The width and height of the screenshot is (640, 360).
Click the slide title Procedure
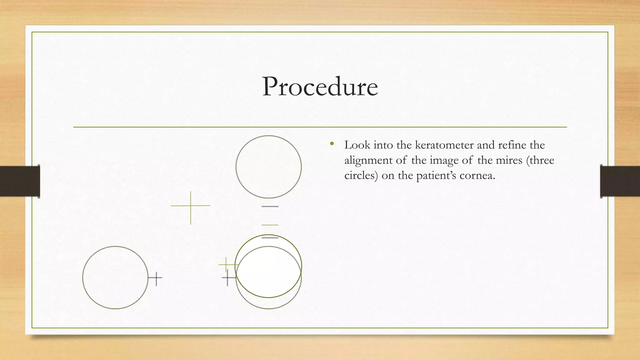tap(320, 87)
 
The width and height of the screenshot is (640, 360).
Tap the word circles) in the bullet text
tap(361, 176)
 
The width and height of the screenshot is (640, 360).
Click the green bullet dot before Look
tap(332, 144)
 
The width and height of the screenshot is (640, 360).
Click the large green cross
tap(191, 206)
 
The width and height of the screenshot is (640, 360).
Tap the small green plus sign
tap(226, 264)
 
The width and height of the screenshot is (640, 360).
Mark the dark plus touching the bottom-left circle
tap(156, 277)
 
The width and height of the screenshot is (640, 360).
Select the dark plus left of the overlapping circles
tap(228, 277)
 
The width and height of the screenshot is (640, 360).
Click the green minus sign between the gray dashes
tap(270, 225)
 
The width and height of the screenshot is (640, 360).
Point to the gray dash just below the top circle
tap(270, 207)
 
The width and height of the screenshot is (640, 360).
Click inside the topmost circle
tap(268, 167)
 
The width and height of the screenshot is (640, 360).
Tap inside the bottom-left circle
tap(115, 277)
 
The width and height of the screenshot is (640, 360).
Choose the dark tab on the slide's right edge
tap(620, 181)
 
